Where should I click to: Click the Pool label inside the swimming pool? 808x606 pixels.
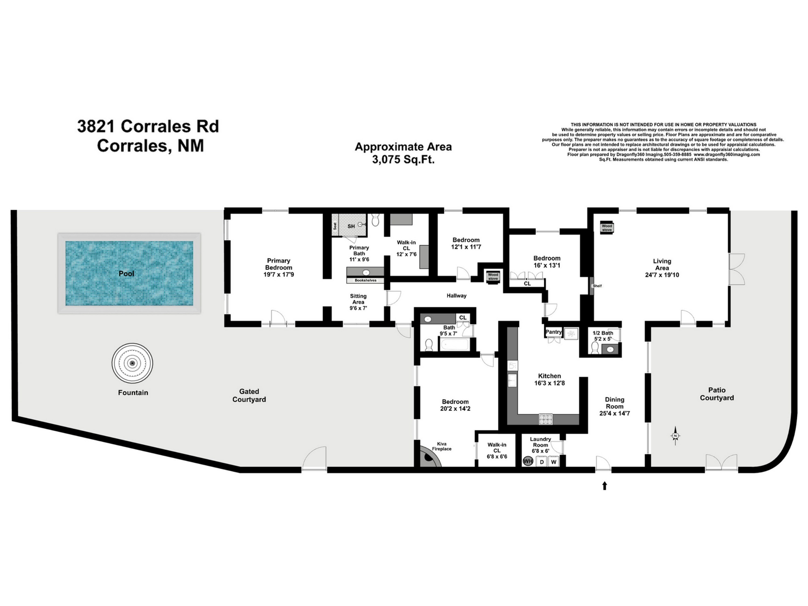126,274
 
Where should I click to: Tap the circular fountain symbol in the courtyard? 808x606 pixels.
132,363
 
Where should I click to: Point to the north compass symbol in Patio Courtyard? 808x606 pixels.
675,436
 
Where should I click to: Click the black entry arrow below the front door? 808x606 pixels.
605,485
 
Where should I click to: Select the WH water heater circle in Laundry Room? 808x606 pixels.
528,461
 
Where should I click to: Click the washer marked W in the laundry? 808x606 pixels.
554,462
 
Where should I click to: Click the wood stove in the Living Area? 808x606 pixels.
607,228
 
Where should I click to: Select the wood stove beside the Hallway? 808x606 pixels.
493,277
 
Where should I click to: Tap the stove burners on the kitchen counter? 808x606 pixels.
546,419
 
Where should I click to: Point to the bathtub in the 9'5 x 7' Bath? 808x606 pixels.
454,344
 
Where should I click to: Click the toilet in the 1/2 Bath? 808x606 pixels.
595,348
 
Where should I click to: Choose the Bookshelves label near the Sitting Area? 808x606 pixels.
366,281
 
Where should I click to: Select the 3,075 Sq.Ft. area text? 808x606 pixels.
403,160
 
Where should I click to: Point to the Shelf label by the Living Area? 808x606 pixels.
597,286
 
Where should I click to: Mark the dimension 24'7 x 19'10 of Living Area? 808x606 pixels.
662,275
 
